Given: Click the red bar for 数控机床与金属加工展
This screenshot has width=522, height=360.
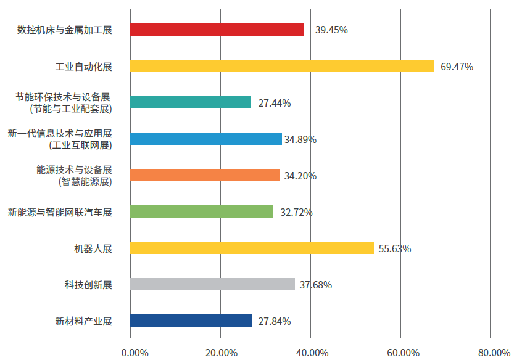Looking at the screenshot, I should [217, 30].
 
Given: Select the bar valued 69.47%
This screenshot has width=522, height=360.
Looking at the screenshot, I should [282, 66].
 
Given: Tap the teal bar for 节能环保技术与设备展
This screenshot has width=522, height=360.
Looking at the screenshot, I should [191, 102].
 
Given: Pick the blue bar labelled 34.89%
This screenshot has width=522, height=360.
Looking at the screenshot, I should [206, 139].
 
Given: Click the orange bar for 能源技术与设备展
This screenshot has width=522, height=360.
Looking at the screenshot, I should [205, 175].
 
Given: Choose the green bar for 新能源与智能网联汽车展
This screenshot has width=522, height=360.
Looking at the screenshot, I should [202, 211].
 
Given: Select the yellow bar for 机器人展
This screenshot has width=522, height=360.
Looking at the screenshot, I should [252, 248].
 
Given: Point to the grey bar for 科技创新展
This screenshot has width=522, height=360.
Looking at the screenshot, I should [213, 284].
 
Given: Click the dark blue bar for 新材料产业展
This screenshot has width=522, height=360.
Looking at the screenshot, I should [192, 321].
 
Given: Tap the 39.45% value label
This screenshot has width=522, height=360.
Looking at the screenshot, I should [331, 30].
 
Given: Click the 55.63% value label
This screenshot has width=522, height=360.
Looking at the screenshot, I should [395, 248].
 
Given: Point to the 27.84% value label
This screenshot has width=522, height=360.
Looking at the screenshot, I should [275, 321].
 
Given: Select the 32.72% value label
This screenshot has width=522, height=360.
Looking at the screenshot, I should [296, 212].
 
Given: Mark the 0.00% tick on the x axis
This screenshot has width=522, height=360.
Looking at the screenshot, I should [135, 353].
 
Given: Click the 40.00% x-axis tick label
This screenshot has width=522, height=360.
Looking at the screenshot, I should [312, 353].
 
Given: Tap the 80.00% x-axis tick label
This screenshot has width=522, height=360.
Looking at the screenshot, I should [494, 353].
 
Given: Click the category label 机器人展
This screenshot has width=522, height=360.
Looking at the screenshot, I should [93, 248].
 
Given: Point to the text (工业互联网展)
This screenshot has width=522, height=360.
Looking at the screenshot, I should [80, 145].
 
